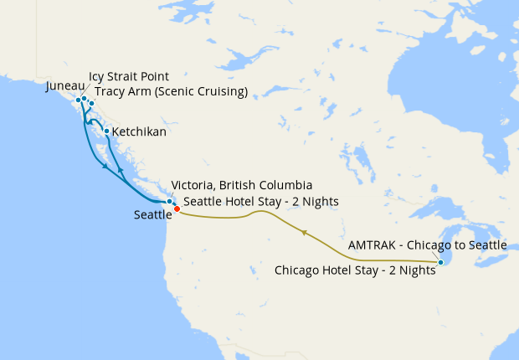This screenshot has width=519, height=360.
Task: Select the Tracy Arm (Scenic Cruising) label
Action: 171,91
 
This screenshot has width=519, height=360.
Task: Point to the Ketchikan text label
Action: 139,132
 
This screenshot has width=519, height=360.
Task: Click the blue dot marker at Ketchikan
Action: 106,131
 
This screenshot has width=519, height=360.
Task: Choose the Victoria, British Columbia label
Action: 241,185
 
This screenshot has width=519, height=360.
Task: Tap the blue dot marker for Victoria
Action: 170,202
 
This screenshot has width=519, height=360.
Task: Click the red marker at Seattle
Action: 177,208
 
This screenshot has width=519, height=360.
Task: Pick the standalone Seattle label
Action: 152,215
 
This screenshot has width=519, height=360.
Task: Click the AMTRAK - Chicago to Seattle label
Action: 427,245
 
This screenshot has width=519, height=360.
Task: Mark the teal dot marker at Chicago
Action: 440,264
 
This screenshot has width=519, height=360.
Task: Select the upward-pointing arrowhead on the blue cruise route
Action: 121,169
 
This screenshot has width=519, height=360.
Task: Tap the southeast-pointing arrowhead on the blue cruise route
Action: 105,167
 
